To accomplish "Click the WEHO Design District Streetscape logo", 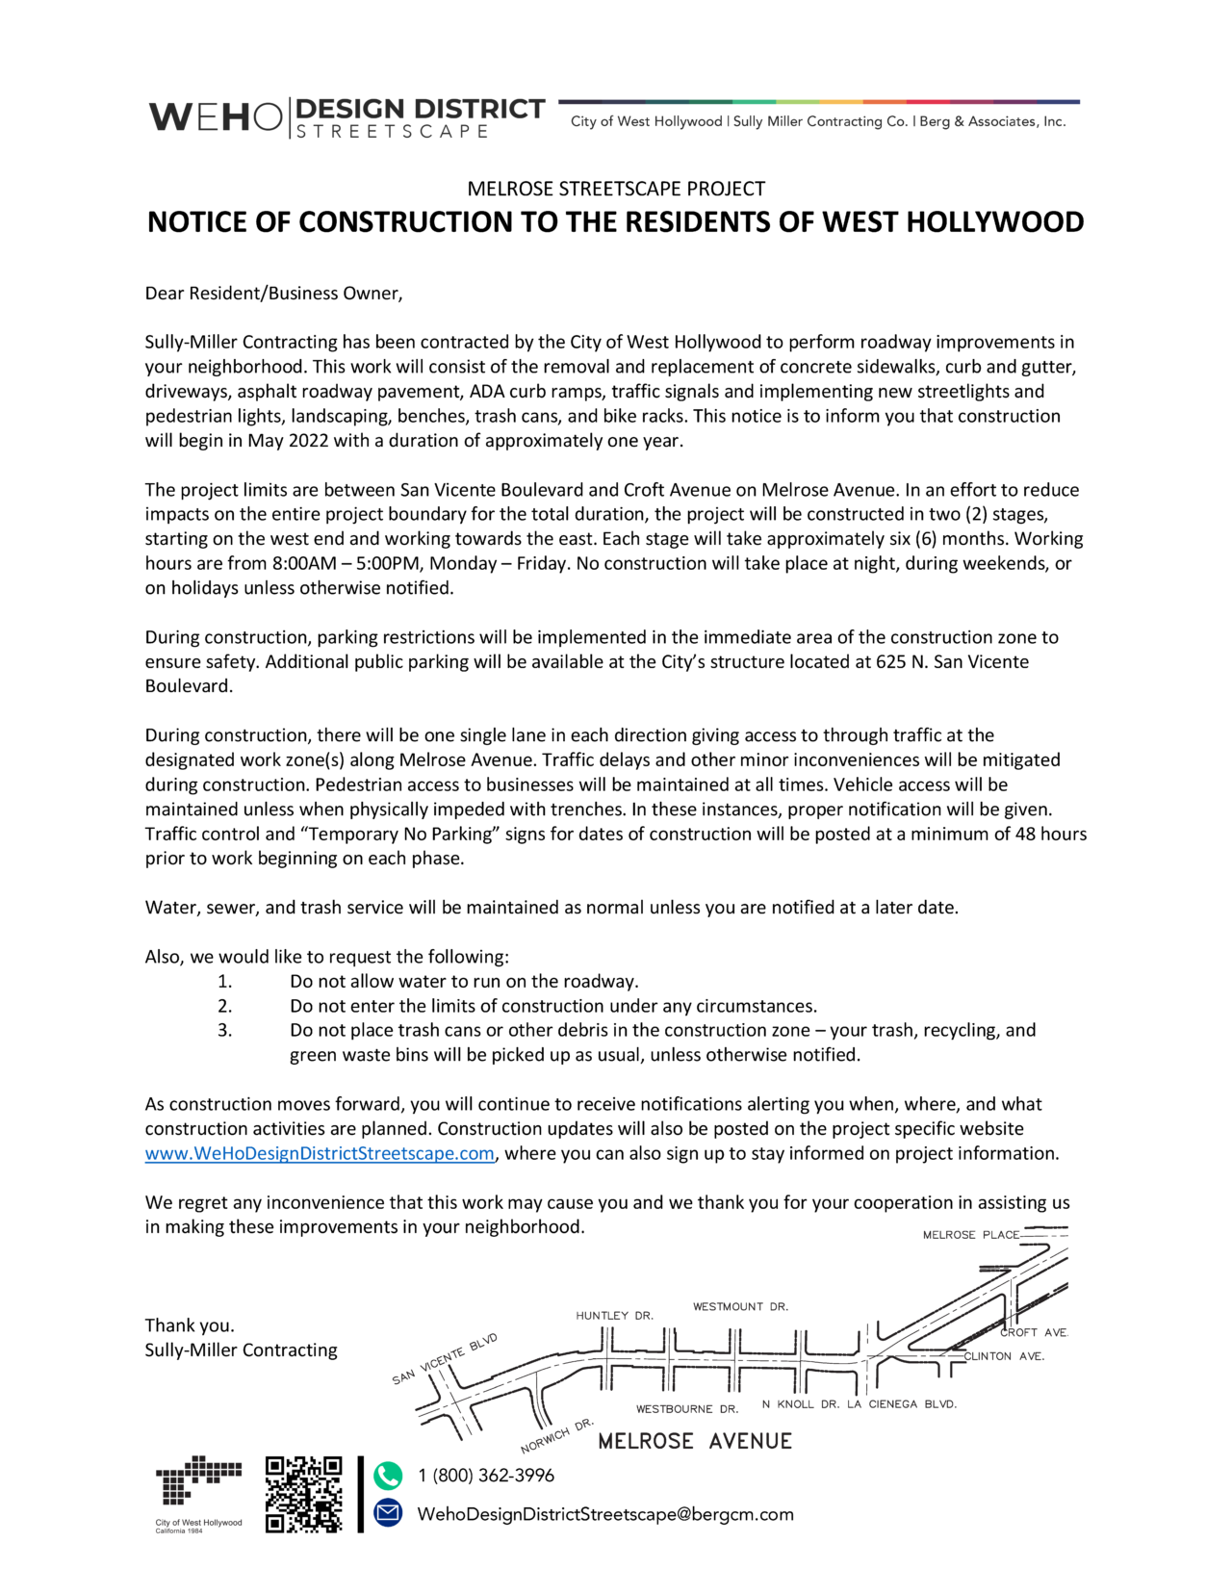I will coord(346,117).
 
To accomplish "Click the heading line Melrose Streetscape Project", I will coord(616,189).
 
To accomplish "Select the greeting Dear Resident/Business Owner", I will coord(273,294).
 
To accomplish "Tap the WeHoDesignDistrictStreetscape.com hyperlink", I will coord(320,1153).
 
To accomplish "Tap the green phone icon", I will coord(388,1475).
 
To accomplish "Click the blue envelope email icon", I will coord(388,1513).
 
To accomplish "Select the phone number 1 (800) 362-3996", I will coord(485,1476).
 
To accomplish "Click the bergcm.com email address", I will coord(604,1514).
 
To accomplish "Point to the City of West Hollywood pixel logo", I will coord(198,1487).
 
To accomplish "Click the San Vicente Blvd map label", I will coord(445,1359).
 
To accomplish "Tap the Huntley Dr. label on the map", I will coord(614,1315).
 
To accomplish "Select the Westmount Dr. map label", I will coord(740,1306).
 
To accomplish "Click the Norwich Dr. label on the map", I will coord(557,1435).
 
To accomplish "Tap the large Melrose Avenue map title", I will coord(695,1441).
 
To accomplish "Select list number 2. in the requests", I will coord(224,1006).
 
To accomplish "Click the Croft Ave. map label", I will coord(1034,1332).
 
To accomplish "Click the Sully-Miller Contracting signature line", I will coord(241,1350).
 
